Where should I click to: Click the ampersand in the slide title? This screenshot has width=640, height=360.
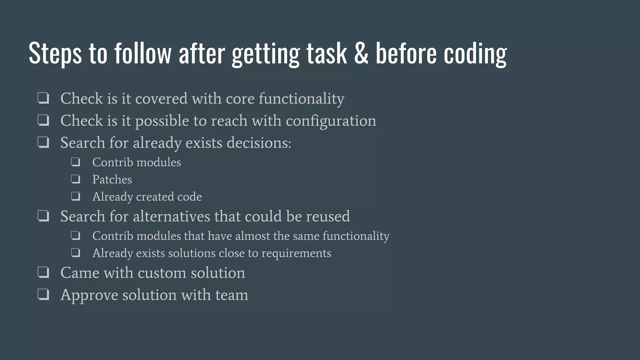click(361, 53)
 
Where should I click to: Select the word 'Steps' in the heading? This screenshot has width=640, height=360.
click(55, 53)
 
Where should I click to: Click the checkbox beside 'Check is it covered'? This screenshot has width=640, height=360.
click(43, 98)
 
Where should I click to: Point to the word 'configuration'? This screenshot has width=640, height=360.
click(331, 121)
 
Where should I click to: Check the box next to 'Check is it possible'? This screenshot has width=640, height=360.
click(43, 120)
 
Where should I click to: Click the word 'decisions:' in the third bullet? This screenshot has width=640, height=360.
click(259, 143)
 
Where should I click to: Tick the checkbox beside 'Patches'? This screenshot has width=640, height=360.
click(75, 179)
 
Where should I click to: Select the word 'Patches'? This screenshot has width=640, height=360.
click(112, 179)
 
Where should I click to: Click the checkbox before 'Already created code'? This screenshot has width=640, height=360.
click(75, 196)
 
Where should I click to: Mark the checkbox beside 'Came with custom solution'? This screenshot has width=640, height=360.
click(43, 272)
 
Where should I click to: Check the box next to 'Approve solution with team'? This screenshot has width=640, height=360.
click(43, 294)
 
